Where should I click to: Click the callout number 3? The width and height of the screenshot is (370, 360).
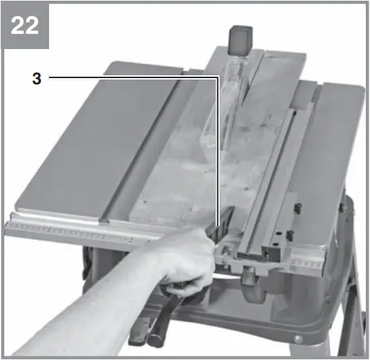pos(36,78)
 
